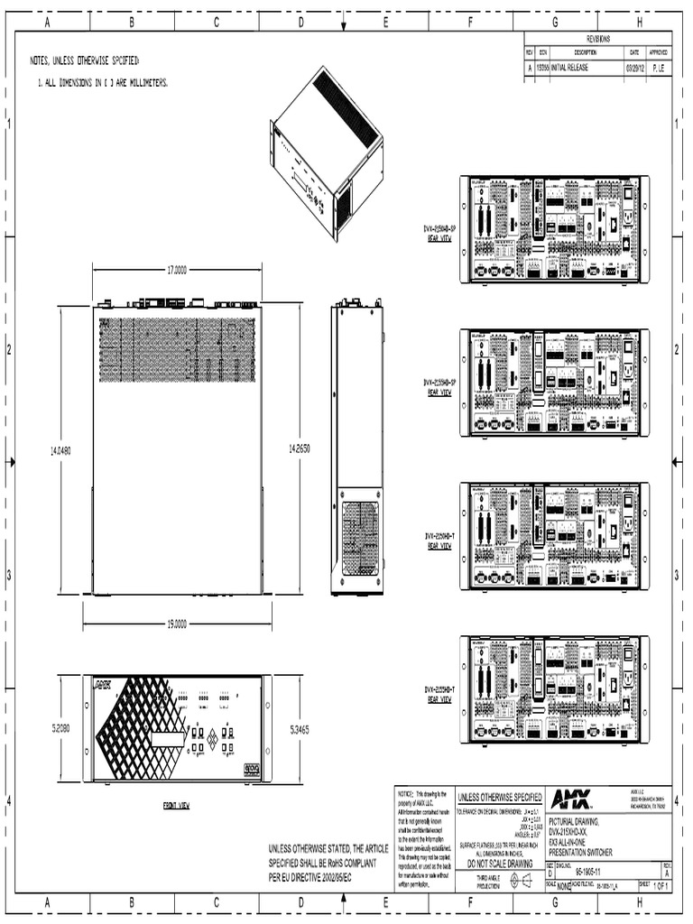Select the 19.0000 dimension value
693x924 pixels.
tap(176, 624)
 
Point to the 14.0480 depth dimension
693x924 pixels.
tap(60, 449)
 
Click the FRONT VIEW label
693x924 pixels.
tap(176, 805)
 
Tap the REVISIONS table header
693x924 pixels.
tap(598, 39)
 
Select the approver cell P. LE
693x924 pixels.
tap(660, 67)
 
